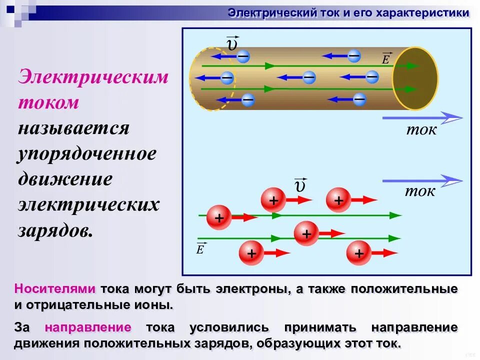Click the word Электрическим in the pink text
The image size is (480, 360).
93,78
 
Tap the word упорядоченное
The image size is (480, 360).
87,154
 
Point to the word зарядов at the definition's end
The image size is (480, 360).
55,230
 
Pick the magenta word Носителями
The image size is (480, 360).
55,289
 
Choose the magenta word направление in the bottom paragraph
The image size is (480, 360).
88,327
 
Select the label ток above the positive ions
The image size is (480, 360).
420,191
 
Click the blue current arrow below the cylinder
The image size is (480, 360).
422,118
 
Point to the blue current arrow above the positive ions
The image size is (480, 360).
422,180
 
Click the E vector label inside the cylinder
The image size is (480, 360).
386,58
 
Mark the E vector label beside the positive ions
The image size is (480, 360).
200,248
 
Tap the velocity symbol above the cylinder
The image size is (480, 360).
232,43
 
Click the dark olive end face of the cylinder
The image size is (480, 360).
414,78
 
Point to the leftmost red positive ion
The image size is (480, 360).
218,218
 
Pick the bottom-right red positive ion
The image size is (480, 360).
359,253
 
